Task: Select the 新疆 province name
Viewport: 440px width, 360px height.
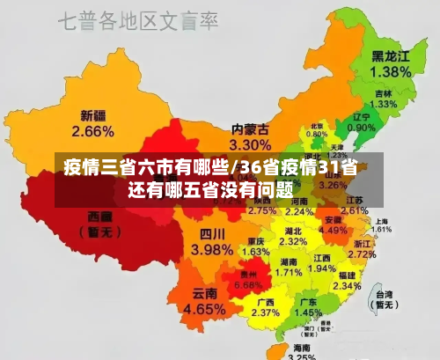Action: pos(93,115)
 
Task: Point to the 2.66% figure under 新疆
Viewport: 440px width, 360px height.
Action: pos(93,131)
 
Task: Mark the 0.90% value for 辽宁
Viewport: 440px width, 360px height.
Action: pos(361,129)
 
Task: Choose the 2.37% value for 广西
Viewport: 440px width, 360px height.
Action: pos(265,312)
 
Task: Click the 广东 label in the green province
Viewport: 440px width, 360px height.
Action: pos(308,301)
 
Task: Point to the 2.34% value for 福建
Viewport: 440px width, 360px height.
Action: pos(347,285)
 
